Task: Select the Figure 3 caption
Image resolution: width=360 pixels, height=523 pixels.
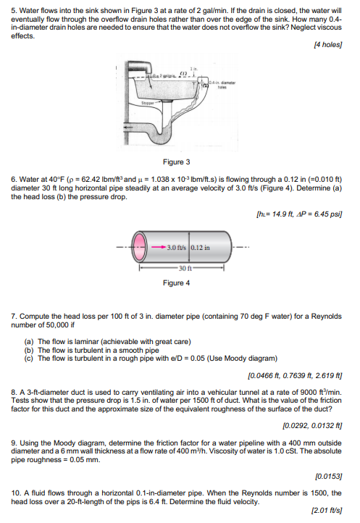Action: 177,162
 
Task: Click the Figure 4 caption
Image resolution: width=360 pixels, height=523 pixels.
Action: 177,283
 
